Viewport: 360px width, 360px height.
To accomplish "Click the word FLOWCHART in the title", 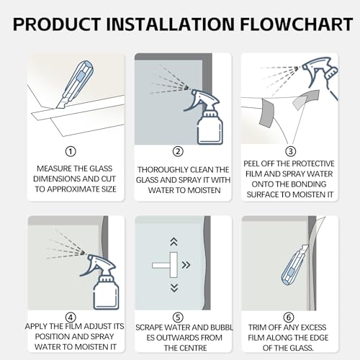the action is click(x=297, y=24).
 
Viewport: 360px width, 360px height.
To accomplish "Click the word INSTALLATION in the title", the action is click(x=170, y=24).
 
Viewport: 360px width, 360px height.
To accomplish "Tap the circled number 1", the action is click(x=71, y=151).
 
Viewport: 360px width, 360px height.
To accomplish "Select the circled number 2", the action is click(x=178, y=151).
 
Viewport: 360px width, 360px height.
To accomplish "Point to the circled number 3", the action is click(x=290, y=151).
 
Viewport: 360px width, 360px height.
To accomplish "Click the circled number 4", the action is click(x=71, y=318).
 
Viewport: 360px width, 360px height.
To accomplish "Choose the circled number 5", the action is click(x=178, y=318).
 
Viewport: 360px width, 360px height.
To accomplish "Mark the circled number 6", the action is click(x=289, y=318).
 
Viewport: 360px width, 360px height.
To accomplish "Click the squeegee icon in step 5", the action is click(x=166, y=265).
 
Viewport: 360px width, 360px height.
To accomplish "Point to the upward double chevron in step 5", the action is click(x=174, y=242).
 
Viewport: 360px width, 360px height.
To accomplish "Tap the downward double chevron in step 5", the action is click(x=174, y=288).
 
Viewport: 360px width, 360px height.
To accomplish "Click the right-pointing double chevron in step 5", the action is click(x=186, y=265).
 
